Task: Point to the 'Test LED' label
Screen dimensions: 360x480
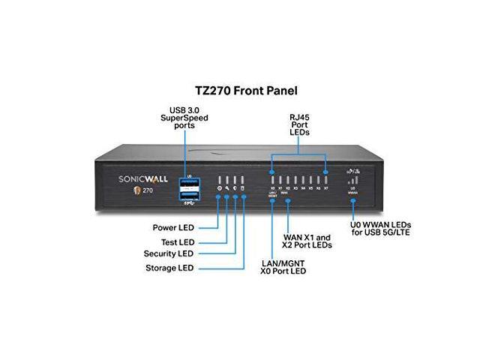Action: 177,241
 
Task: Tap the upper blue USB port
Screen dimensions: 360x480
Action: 187,184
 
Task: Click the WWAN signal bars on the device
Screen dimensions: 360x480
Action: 352,181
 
